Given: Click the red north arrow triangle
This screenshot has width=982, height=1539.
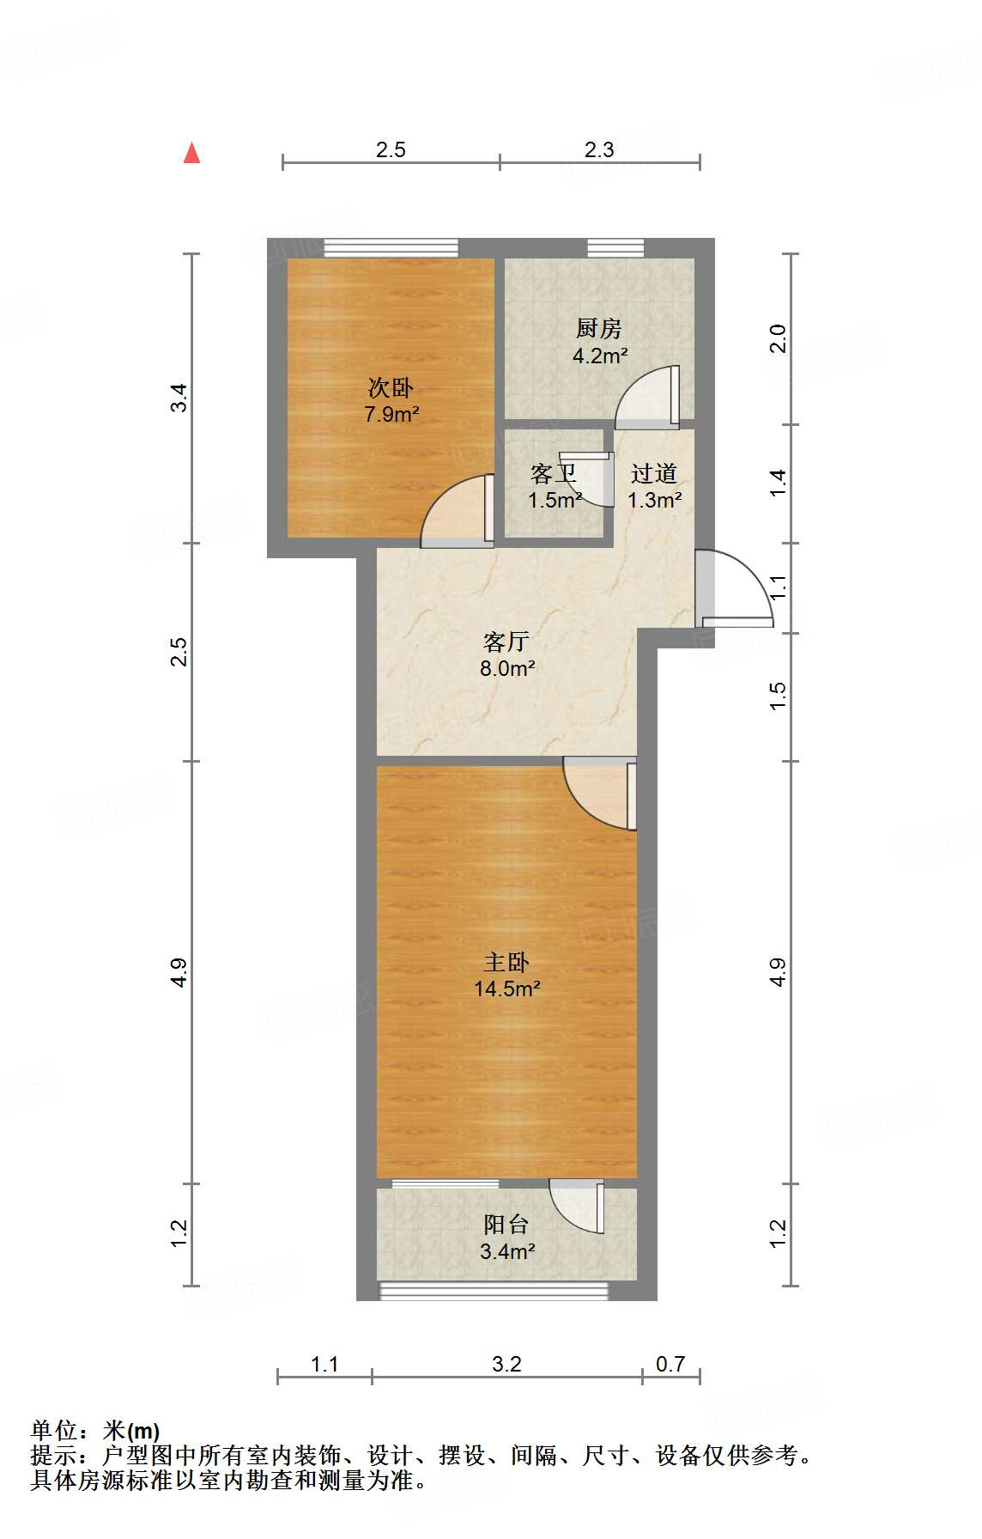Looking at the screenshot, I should point(192,154).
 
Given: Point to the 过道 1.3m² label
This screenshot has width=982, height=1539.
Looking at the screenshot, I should point(654,486).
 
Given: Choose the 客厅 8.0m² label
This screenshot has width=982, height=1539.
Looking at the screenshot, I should point(506,654).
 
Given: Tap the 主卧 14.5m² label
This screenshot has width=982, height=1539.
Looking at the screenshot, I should point(506,976).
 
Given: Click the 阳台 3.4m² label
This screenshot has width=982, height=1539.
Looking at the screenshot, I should point(506,1238).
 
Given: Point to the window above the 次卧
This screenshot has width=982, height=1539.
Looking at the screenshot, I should point(391,248).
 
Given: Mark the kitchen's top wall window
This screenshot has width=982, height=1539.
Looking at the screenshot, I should point(615,248).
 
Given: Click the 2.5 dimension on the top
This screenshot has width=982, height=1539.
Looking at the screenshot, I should point(391,149).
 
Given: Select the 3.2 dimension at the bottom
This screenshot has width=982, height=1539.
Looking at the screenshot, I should point(506,1364).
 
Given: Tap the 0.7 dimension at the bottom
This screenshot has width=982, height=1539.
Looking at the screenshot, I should point(670,1364).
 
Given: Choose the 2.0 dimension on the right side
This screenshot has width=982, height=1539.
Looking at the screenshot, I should point(778,338).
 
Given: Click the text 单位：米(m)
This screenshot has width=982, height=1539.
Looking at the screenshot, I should point(95,1430).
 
